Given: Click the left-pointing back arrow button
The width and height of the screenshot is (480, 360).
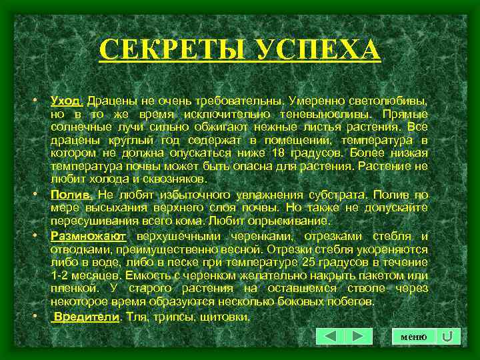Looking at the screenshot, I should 331,337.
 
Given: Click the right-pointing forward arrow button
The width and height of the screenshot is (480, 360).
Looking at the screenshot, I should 358,337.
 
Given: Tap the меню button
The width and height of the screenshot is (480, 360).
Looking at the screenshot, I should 414,337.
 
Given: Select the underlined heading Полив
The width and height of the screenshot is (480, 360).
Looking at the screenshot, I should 72,195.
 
